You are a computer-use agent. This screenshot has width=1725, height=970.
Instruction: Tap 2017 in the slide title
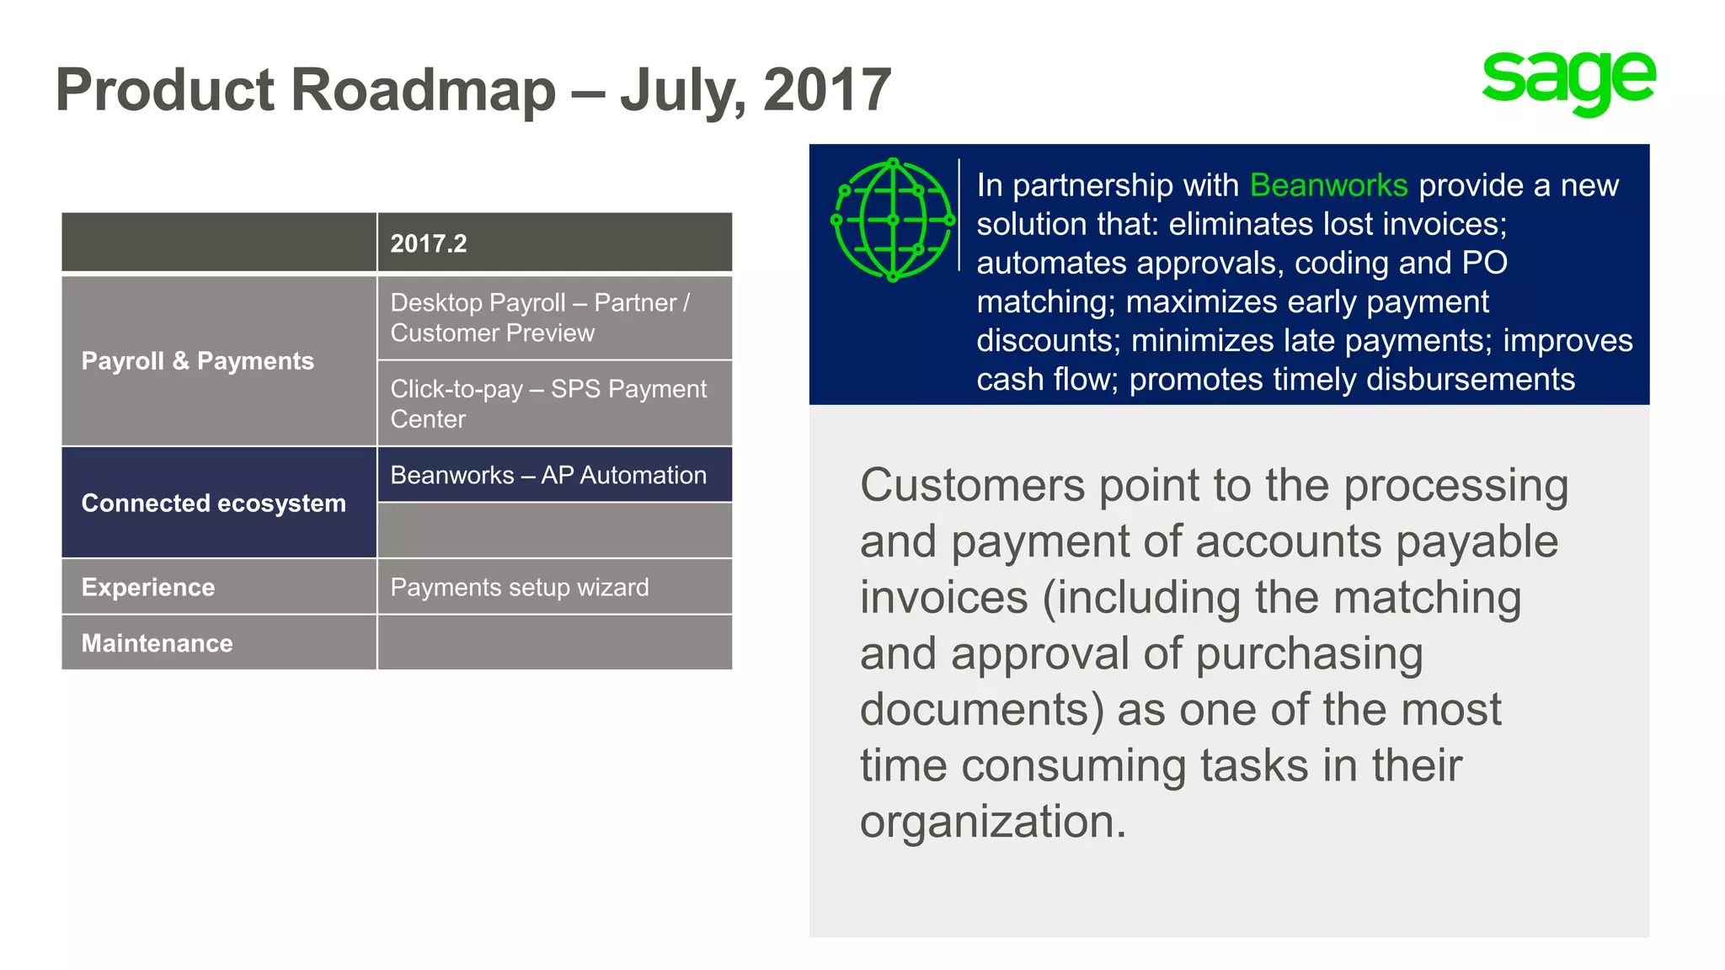(826, 89)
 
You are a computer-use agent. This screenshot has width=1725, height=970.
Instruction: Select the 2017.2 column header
(429, 243)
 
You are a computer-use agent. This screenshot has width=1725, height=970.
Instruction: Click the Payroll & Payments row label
(197, 360)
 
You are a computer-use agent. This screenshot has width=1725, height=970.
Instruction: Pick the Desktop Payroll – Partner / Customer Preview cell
(540, 317)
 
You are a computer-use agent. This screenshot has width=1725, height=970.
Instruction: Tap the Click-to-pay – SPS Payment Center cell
(548, 403)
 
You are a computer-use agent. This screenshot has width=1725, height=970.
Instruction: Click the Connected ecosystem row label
(213, 503)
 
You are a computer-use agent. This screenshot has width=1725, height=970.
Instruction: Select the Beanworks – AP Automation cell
(548, 475)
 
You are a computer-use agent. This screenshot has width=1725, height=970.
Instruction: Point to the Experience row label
(148, 587)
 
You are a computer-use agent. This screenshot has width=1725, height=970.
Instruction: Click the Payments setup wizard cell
(520, 587)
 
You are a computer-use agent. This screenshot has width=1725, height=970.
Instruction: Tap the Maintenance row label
(157, 643)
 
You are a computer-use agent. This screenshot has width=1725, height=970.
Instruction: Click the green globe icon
(893, 220)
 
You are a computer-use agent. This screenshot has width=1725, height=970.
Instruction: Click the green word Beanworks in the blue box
(1328, 185)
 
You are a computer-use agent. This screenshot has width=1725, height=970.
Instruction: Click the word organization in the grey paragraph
(992, 822)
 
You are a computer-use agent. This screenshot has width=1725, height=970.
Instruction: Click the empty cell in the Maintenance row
(554, 642)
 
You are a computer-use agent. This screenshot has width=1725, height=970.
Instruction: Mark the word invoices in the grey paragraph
(943, 598)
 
